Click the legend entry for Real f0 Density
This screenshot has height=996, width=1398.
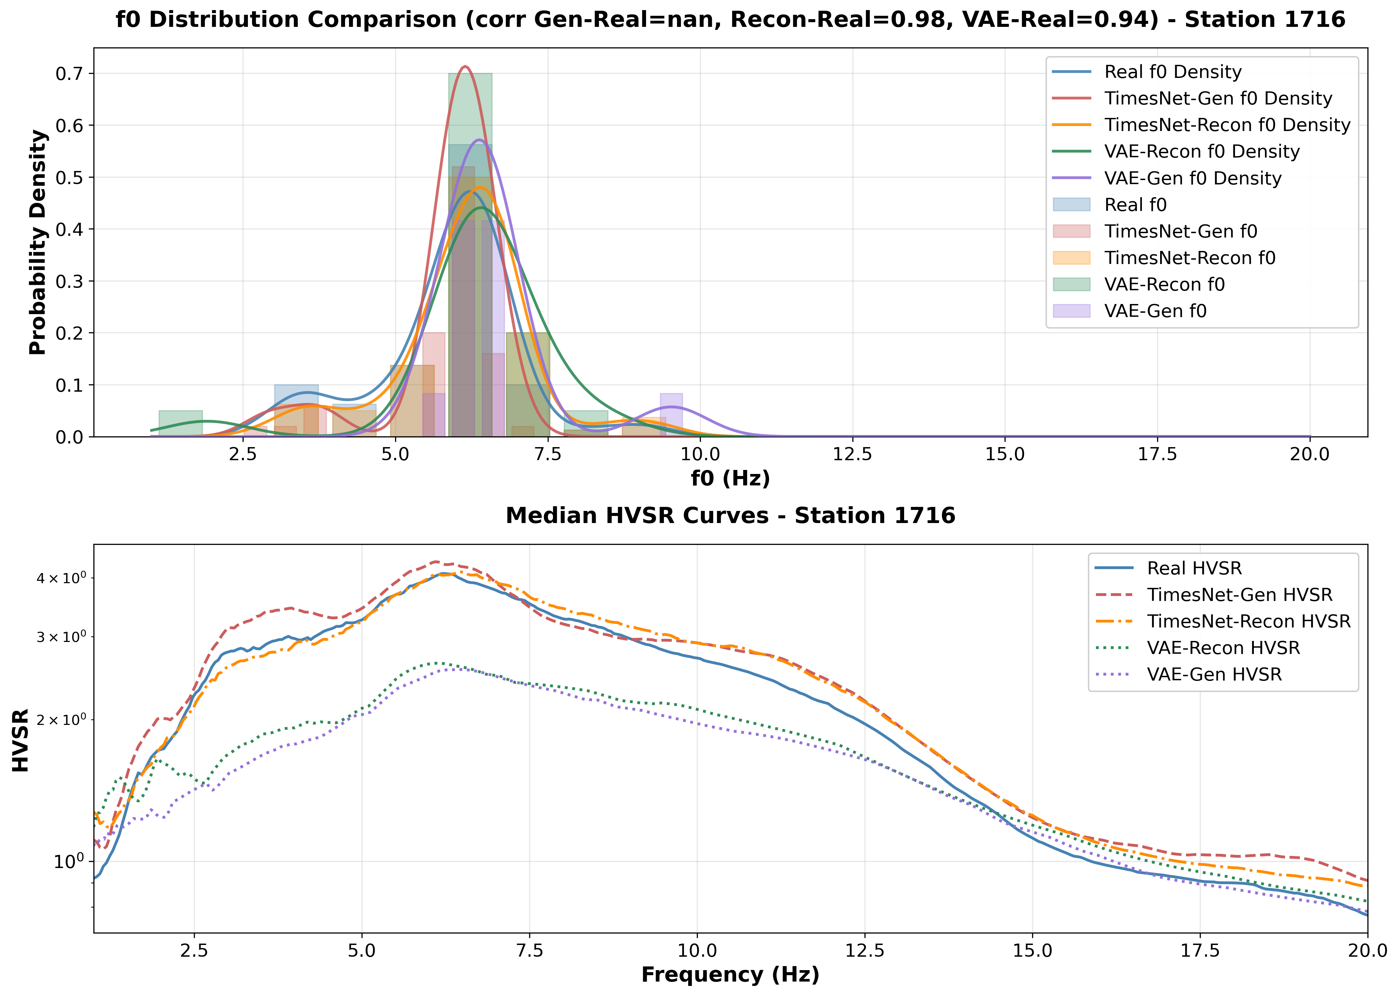click(1172, 72)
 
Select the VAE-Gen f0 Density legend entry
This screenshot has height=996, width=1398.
click(1192, 178)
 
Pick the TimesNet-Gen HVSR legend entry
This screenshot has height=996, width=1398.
click(1239, 595)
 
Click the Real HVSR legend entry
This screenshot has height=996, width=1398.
click(1194, 568)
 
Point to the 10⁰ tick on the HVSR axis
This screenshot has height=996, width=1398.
click(69, 862)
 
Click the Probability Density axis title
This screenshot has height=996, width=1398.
click(38, 242)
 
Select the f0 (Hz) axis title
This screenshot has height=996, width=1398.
click(730, 478)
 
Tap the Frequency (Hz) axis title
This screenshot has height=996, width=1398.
click(730, 975)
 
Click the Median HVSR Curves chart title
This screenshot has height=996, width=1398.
click(730, 516)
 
